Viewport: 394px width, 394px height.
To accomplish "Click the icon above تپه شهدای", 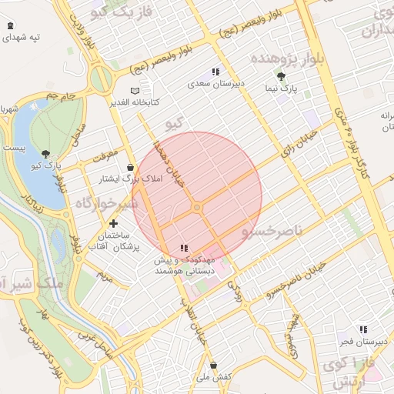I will (9, 26).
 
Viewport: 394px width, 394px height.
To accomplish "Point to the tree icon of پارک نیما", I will (282, 76).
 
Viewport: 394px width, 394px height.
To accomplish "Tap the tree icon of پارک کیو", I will (46, 153).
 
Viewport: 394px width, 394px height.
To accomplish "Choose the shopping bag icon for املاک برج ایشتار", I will (130, 167).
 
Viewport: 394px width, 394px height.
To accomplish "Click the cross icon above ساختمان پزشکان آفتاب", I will (114, 223).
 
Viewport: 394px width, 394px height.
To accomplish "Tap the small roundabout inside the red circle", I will (198, 208).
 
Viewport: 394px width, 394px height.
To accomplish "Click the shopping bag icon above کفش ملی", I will (213, 365).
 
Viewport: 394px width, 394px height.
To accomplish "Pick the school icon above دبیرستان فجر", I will (362, 329).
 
